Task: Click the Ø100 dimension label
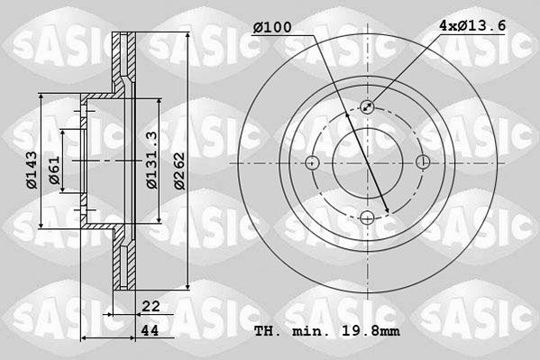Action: (272, 27)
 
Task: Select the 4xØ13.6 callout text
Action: (472, 25)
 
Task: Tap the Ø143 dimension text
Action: (32, 170)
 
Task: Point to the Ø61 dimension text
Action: (54, 170)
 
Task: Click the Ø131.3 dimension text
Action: (151, 160)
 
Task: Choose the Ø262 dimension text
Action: (179, 171)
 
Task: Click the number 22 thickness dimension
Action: (151, 306)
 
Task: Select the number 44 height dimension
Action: (151, 330)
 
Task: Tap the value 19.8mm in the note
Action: (371, 331)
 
